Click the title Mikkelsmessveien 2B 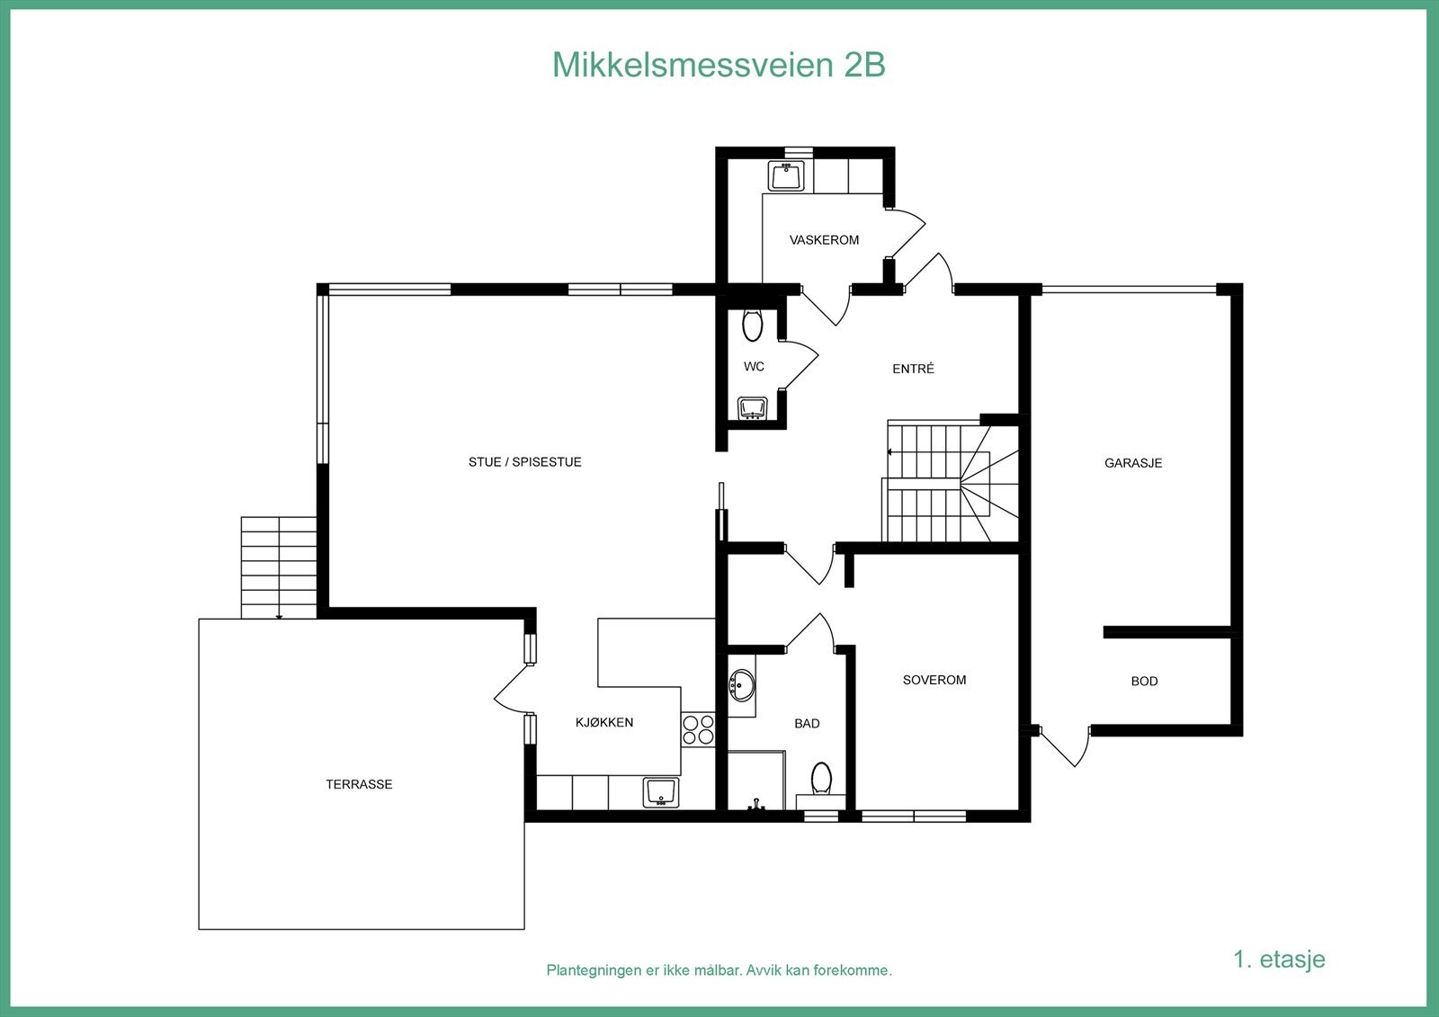719,65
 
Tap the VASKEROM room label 824,240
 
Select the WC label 754,367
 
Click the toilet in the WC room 753,325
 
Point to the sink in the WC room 752,408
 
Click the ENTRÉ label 913,369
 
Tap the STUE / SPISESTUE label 524,462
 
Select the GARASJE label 1133,463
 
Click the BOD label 1144,682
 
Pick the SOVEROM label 934,680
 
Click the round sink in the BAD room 742,686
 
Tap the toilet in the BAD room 821,779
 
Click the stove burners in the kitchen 698,729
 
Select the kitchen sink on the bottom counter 661,792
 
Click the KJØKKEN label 604,722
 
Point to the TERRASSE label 359,784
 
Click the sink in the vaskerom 786,175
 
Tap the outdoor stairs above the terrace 279,566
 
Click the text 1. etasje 1279,959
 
